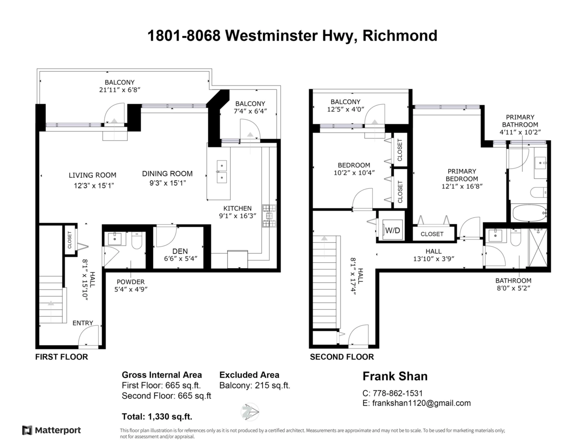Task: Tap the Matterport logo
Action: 52,430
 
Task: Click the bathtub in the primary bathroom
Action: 529,213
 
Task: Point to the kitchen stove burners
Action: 268,216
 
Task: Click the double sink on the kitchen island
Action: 221,172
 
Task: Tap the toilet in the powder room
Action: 136,242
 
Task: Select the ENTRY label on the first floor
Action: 83,323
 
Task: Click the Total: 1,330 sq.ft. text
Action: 157,416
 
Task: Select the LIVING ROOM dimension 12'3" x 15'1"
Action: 92,184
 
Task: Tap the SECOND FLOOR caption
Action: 342,357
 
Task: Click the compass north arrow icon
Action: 250,411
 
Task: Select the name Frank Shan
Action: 395,376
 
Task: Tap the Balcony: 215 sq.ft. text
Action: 254,386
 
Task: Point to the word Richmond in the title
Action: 400,36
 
